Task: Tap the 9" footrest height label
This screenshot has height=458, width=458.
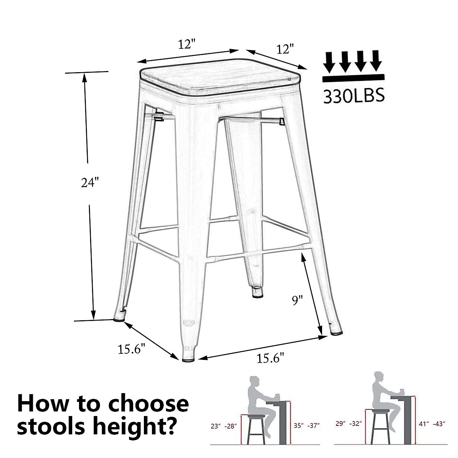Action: tap(297, 301)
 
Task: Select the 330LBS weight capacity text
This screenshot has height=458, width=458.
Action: tap(353, 96)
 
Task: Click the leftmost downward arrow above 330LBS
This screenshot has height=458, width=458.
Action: tap(330, 62)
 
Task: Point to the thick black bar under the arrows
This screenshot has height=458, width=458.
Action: tap(352, 78)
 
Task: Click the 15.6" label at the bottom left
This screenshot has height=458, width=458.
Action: tap(132, 349)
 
